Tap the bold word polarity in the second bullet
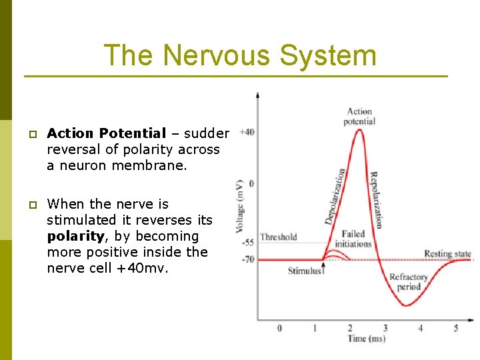click(x=75, y=236)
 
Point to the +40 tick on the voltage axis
click(x=247, y=132)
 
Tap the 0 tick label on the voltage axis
click(x=251, y=183)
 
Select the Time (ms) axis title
click(x=367, y=339)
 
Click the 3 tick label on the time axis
click(x=385, y=328)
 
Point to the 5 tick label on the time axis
click(x=456, y=328)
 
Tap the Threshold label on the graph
click(x=279, y=237)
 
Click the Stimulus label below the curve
click(x=305, y=271)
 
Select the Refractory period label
click(x=408, y=281)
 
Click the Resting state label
click(x=447, y=253)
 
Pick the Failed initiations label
click(x=353, y=239)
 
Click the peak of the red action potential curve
click(x=360, y=129)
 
